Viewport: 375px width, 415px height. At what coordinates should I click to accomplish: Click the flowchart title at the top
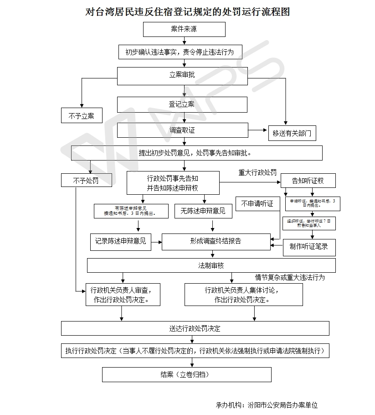coord(187,11)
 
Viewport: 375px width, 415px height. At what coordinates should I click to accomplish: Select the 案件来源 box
coord(184,29)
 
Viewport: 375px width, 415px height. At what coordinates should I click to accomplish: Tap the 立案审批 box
coord(182,75)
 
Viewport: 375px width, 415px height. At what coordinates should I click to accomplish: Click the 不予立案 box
coord(82,116)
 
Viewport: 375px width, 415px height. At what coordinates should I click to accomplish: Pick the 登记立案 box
coord(182,104)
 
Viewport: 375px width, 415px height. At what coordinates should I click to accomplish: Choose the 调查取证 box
coord(182,130)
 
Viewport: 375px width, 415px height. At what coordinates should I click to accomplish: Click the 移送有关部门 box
coord(292,133)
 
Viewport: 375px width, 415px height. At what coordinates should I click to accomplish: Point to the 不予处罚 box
coord(86,181)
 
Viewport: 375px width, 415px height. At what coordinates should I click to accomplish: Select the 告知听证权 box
coord(308,181)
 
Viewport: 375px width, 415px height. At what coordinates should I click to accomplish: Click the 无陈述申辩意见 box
coord(203,211)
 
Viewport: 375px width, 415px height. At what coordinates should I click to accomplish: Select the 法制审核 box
coord(211,265)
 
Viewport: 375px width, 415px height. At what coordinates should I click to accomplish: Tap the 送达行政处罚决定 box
coord(195,328)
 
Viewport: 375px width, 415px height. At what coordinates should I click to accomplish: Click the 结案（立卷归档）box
coord(186,375)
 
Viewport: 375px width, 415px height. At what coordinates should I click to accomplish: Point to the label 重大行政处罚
coord(257,173)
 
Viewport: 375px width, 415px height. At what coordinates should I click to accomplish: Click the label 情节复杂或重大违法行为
coord(290,277)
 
